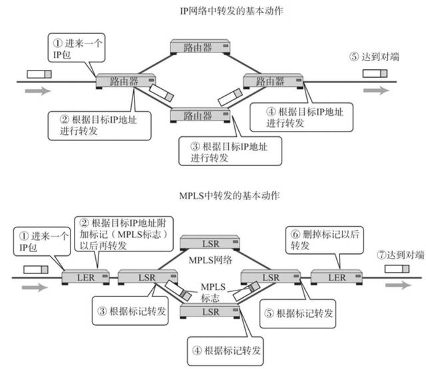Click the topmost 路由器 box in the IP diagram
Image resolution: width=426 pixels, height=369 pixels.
198,47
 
